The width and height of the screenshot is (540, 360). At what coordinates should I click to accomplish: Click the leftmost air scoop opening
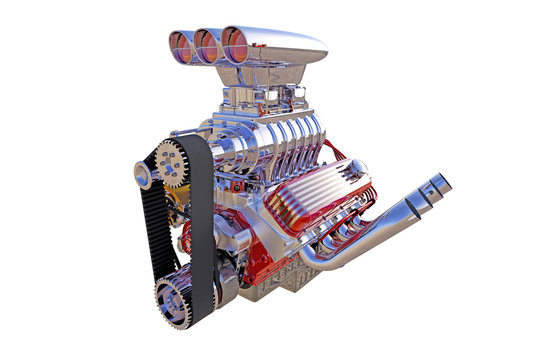tap(181, 45)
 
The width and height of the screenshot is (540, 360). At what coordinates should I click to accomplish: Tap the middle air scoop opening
tap(207, 45)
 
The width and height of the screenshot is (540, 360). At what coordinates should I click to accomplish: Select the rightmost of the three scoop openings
tap(234, 44)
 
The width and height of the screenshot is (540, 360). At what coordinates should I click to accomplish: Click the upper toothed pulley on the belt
tap(170, 163)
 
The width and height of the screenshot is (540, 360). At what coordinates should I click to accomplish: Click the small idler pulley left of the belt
tap(143, 175)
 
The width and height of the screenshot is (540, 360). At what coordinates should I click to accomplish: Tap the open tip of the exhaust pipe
tap(438, 183)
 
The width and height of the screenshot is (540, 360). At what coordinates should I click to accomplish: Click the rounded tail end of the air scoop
tap(310, 47)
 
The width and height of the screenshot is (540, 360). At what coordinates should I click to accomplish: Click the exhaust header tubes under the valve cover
tap(345, 235)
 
